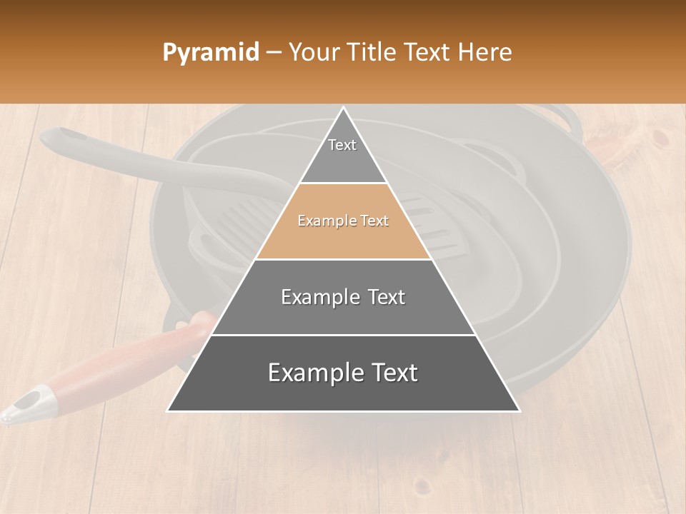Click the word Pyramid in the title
[210, 53]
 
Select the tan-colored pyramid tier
[343, 221]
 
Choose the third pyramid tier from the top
[343, 297]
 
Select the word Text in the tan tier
[374, 221]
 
